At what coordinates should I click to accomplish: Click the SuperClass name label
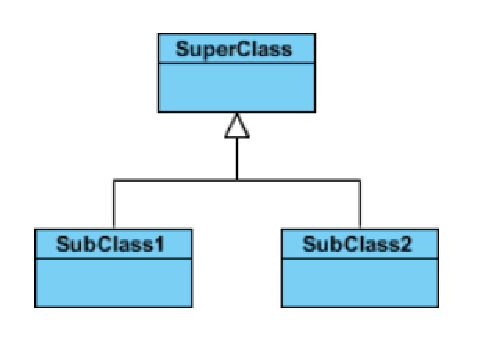235,49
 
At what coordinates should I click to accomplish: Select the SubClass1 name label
110,243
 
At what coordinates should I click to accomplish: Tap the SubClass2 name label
356,243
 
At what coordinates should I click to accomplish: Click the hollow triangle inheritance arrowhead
236,125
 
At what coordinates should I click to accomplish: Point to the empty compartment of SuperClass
235,87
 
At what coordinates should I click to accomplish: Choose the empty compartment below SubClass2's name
357,282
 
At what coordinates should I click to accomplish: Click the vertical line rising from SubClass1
113,204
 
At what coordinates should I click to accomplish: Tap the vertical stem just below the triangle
236,158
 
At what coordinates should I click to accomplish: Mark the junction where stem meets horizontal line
236,180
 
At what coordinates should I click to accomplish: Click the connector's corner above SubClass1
113,180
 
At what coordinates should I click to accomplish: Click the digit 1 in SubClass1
158,243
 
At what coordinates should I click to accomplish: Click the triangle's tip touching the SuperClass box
236,113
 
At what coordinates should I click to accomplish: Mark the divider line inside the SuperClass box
235,63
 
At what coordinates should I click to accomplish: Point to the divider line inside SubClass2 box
357,258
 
